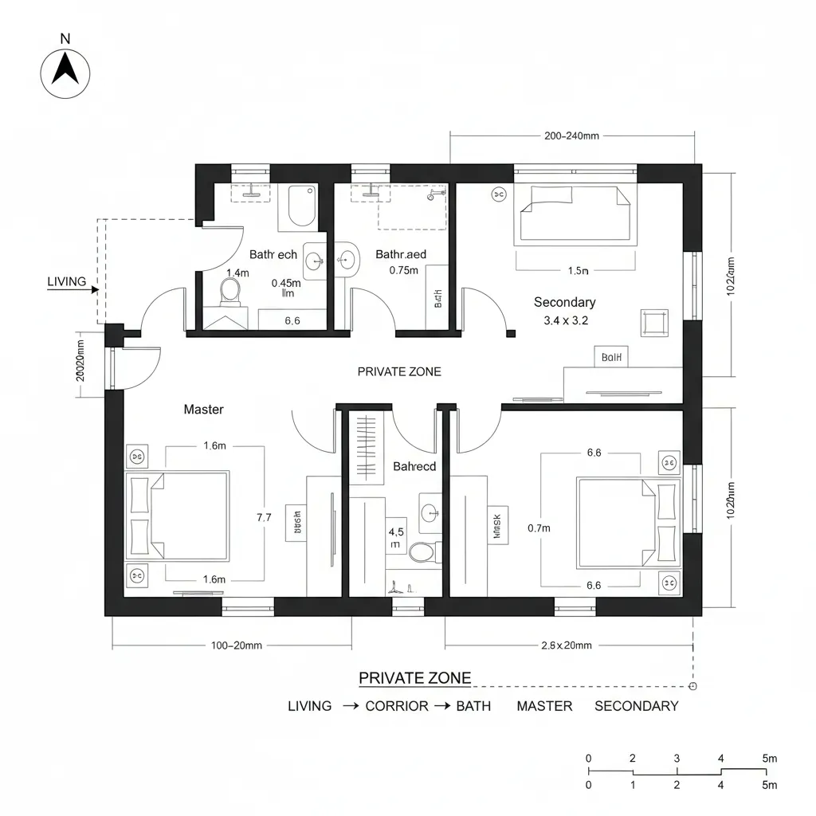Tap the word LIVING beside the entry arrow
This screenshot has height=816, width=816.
point(67,281)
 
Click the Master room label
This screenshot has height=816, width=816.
point(203,410)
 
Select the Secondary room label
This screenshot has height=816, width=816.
point(564,302)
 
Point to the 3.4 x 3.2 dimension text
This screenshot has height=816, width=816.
point(565,321)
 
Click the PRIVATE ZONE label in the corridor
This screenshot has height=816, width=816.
point(398,371)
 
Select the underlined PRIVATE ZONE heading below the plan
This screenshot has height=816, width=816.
point(414,678)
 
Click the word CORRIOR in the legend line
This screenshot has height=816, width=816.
point(396,706)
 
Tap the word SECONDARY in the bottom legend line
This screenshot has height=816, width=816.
point(636,706)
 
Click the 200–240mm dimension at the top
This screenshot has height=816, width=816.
point(571,135)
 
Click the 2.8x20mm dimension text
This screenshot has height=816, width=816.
point(566,645)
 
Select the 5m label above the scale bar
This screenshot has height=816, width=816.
point(769,759)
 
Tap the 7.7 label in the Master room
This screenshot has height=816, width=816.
point(264,517)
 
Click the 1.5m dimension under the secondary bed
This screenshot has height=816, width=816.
point(578,271)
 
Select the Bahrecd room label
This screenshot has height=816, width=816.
point(414,466)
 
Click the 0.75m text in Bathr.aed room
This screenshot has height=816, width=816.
point(403,270)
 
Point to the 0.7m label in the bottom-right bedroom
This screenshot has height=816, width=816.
point(539,528)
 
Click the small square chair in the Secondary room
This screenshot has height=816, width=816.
point(654,323)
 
